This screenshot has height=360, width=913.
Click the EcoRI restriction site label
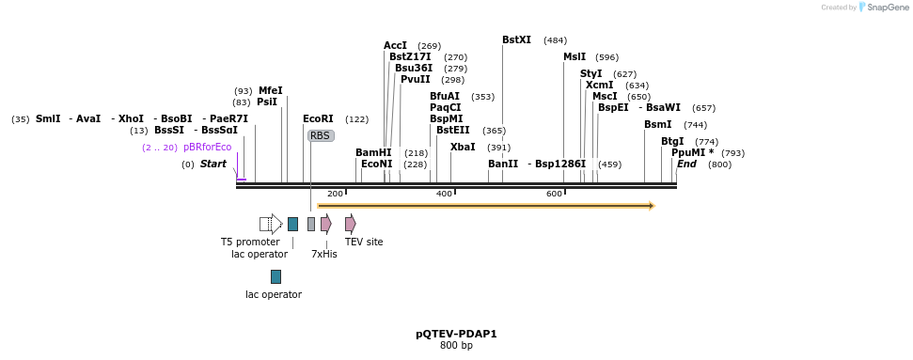click(318, 118)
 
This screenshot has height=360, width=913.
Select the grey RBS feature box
click(321, 135)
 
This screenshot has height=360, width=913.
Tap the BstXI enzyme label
click(516, 40)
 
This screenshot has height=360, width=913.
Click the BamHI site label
click(373, 152)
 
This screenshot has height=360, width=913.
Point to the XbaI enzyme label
click(463, 147)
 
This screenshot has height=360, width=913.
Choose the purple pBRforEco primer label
click(207, 147)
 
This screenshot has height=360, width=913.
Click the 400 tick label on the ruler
click(444, 194)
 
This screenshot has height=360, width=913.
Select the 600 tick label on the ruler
click(554, 194)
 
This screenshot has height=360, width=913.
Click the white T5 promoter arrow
click(271, 224)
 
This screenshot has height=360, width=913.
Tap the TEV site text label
click(364, 242)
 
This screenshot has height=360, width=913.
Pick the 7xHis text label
click(324, 254)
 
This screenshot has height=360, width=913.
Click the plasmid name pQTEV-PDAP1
click(456, 334)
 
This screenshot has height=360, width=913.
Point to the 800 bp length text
click(456, 346)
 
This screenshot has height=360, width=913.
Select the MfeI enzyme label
click(271, 90)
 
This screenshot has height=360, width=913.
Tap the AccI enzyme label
click(395, 45)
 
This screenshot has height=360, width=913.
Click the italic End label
click(686, 164)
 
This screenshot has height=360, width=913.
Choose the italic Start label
click(213, 164)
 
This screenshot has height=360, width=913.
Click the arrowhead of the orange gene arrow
click(650, 205)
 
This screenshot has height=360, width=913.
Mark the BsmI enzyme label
click(657, 124)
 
